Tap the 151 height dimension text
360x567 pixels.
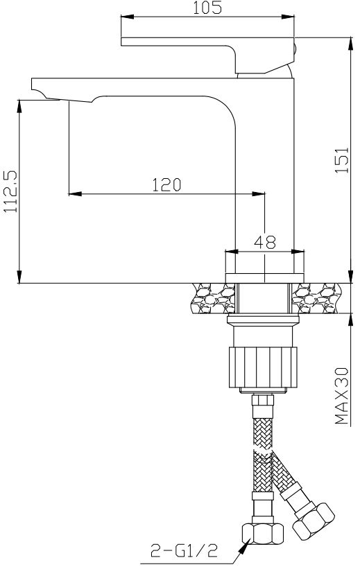point(340,162)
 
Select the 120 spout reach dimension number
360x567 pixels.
point(166,184)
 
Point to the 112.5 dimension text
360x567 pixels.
point(10,191)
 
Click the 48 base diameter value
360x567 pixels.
point(265,242)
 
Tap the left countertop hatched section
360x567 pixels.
point(211,299)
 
